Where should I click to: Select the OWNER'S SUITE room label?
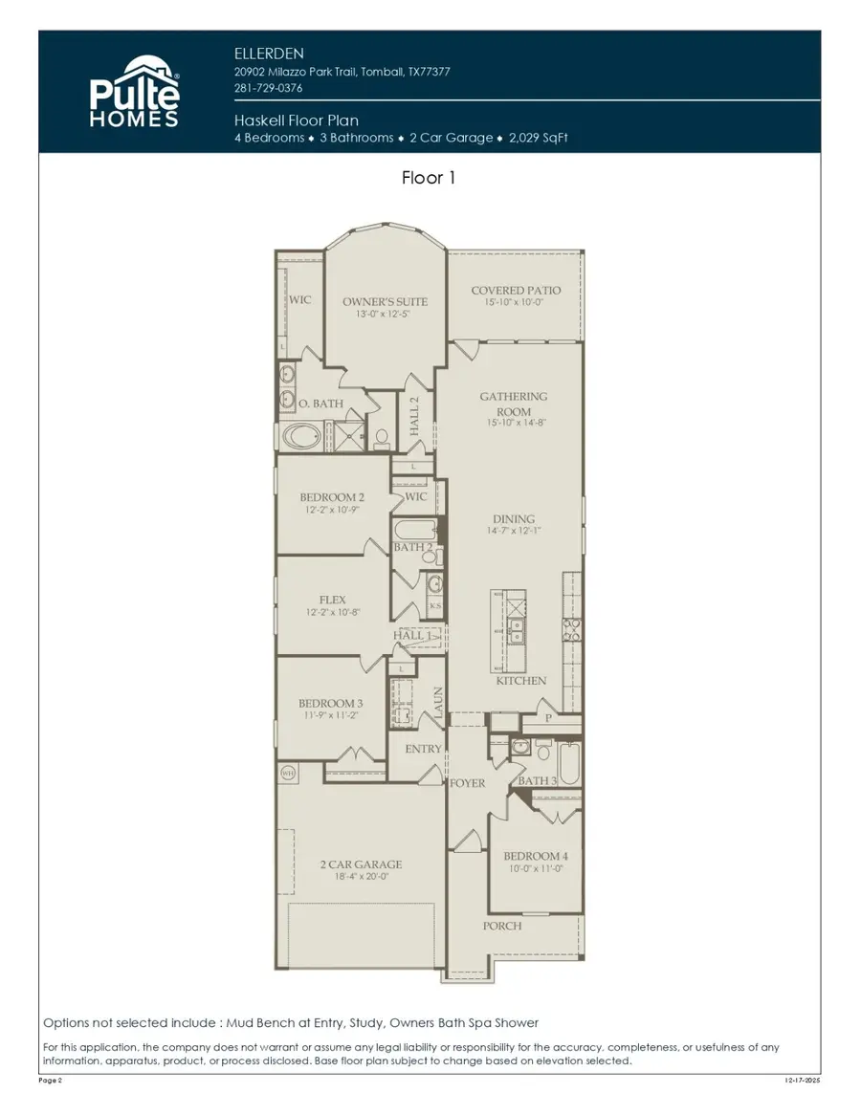click(x=385, y=302)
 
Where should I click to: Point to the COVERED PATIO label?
click(x=516, y=291)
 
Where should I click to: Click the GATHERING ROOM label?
click(x=514, y=404)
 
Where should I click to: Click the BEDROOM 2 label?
click(x=332, y=497)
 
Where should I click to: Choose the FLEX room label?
click(x=332, y=601)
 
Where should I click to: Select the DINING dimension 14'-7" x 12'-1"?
click(x=514, y=531)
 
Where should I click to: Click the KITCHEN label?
click(x=521, y=681)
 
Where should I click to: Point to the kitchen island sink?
click(x=517, y=629)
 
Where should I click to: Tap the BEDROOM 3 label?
click(x=330, y=702)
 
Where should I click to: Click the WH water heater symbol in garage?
click(x=287, y=772)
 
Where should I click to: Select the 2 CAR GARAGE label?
click(x=361, y=864)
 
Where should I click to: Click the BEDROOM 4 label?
click(x=536, y=856)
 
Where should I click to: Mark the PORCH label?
click(x=502, y=926)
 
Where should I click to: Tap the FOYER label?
click(x=468, y=783)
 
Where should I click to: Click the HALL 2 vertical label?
click(x=415, y=417)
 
